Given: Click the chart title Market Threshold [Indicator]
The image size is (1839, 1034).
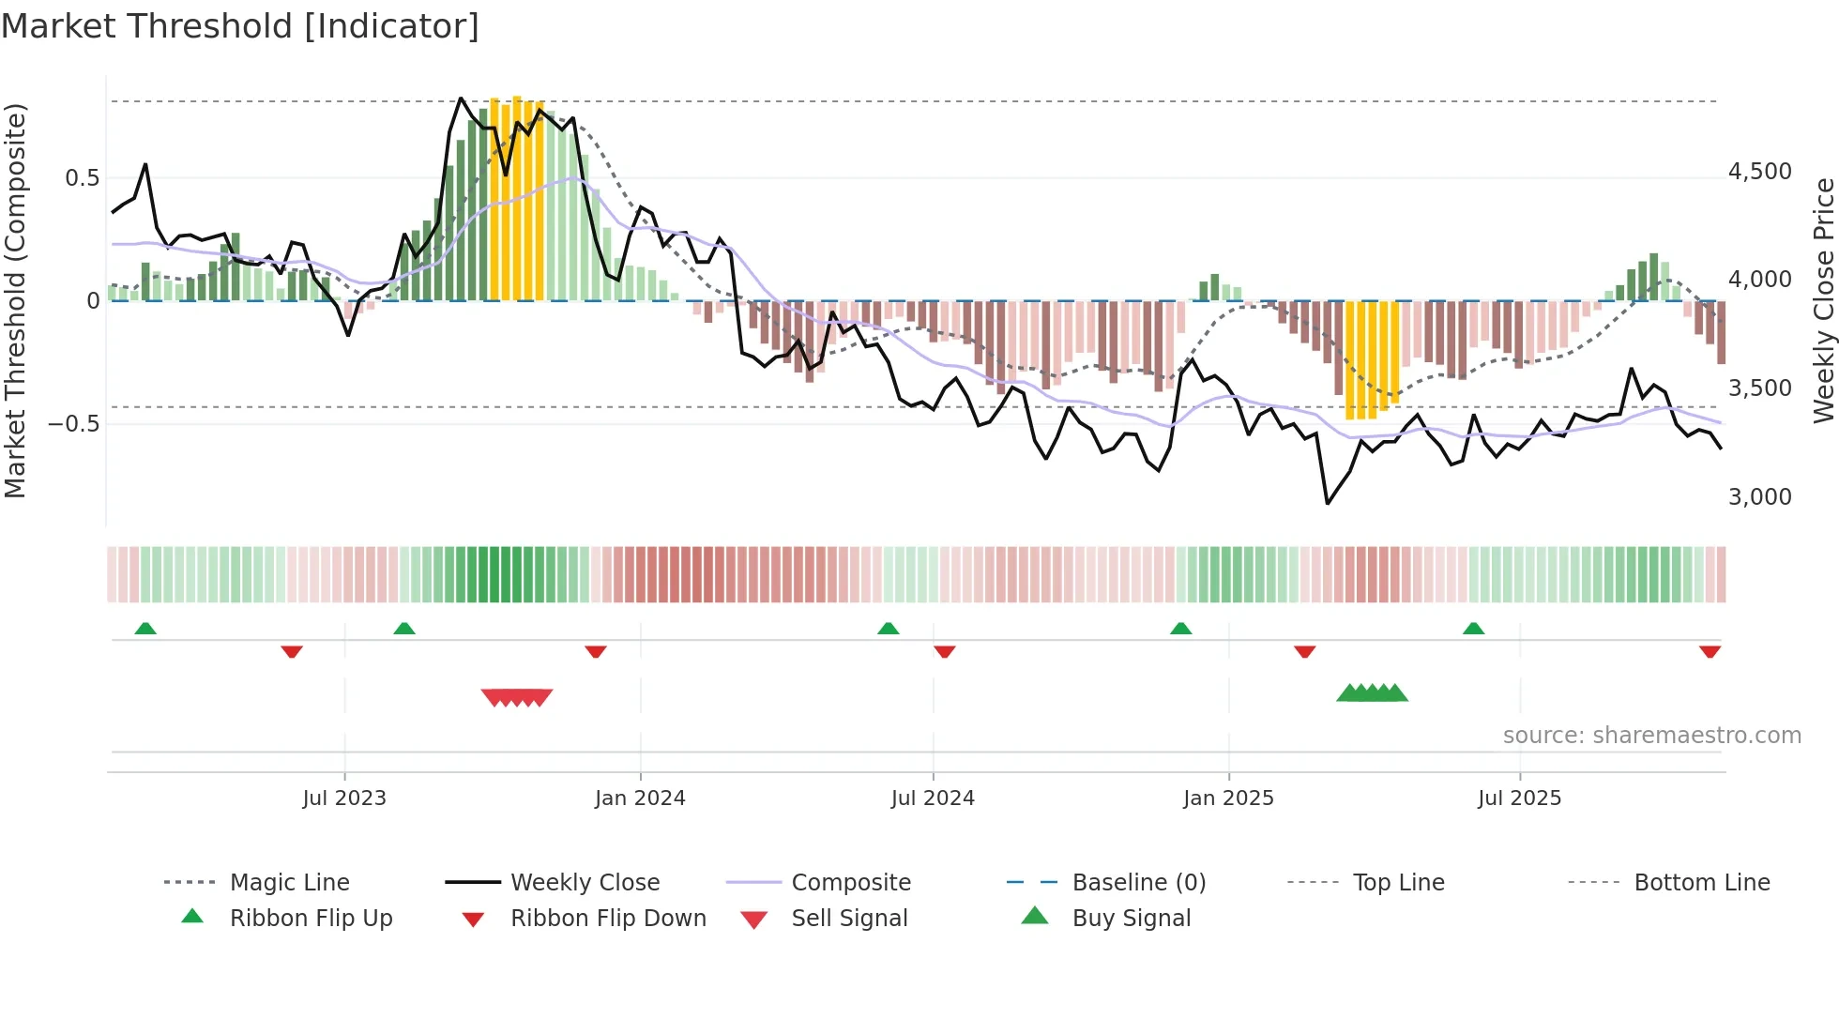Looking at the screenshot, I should click(240, 26).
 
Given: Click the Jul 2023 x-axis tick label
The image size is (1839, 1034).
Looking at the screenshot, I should click(344, 798).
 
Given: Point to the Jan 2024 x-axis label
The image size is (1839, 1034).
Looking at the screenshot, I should click(640, 798).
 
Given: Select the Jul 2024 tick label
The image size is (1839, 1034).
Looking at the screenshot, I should click(933, 798).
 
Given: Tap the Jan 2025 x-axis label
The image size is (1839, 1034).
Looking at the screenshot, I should click(1228, 798).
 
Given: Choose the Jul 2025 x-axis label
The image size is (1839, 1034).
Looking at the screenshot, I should click(1519, 798).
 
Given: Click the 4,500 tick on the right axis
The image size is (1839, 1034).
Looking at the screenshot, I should click(1759, 172).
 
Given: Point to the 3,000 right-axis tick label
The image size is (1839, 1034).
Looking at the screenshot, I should click(1759, 497).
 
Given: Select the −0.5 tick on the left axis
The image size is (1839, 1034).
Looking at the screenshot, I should click(74, 424).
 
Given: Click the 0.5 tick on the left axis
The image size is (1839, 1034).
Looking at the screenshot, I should click(83, 178).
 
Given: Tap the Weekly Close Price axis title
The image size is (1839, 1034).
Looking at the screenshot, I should click(1823, 300).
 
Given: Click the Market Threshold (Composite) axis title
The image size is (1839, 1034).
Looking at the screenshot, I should click(15, 300).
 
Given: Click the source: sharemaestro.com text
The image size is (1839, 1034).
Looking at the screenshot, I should click(1651, 736).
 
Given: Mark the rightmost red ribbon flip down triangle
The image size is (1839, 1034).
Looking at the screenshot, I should click(1710, 651).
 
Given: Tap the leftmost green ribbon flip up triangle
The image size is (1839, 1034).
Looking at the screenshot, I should click(145, 629).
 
